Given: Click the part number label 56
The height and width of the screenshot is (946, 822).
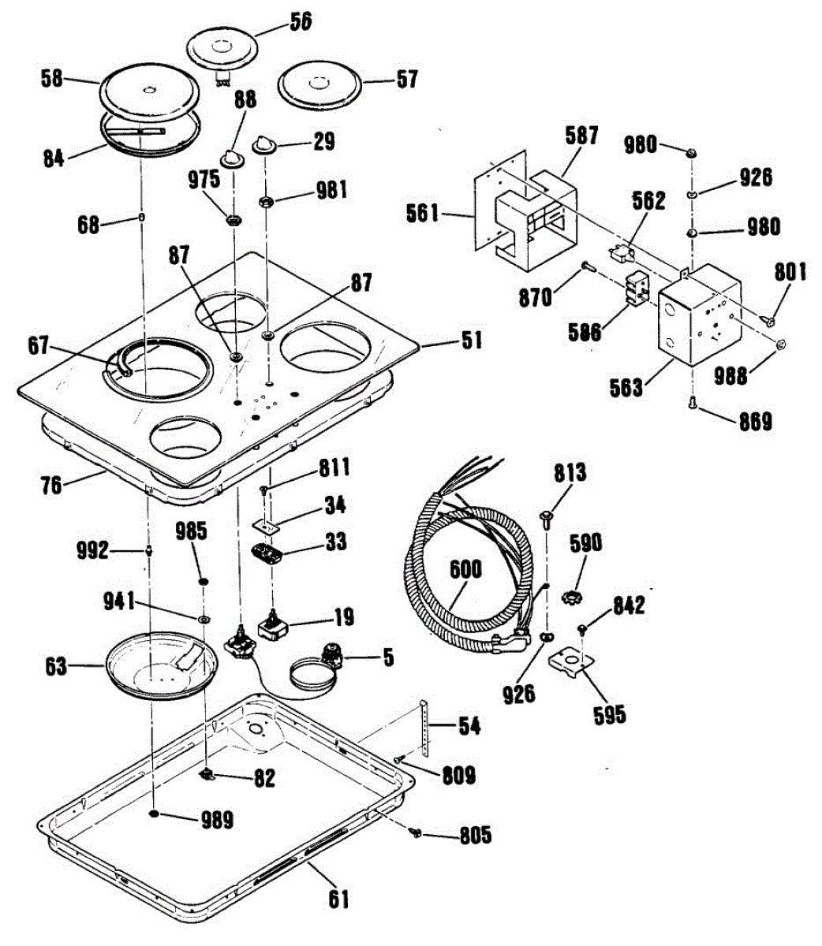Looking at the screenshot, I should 299,21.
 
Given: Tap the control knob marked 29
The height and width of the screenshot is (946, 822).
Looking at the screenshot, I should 263,146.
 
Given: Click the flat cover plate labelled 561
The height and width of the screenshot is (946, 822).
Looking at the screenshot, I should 483,213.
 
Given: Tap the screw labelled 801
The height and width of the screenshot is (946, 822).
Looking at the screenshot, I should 767,318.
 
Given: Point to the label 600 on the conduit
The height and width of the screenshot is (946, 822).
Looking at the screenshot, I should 466,570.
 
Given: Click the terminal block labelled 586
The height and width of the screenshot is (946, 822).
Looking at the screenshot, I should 635,290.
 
